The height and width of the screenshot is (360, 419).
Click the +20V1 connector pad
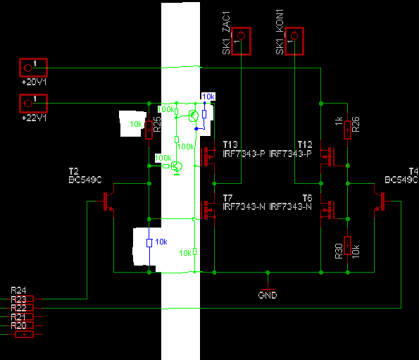pyautogui.click(x=33, y=68)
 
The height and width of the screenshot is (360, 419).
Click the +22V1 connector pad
pyautogui.click(x=33, y=103)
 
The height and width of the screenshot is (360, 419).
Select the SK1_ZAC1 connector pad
pyautogui.click(x=241, y=41)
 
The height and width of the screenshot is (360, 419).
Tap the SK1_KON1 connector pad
pyautogui.click(x=294, y=41)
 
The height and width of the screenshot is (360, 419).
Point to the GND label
pyautogui.click(x=268, y=295)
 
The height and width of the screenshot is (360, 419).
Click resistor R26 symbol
pyautogui.click(x=347, y=130)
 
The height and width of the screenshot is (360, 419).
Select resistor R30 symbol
pyautogui.click(x=347, y=245)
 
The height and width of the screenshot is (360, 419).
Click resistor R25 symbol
pyautogui.click(x=149, y=130)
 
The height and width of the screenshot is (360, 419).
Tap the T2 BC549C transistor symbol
pyautogui.click(x=108, y=201)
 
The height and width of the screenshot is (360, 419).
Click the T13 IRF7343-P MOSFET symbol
pyautogui.click(x=208, y=157)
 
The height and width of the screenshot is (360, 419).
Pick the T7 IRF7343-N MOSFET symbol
pyautogui.click(x=208, y=210)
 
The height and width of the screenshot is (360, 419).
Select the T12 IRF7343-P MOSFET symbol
pyautogui.click(x=327, y=157)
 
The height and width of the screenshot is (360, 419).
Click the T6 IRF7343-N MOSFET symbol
pyautogui.click(x=327, y=210)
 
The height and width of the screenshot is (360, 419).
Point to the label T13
pyautogui.click(x=230, y=144)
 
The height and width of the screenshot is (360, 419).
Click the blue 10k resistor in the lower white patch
pyautogui.click(x=149, y=242)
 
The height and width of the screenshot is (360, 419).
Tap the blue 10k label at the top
pyautogui.click(x=208, y=97)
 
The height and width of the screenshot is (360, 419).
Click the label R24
pyautogui.click(x=18, y=290)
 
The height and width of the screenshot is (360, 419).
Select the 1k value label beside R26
pyautogui.click(x=339, y=120)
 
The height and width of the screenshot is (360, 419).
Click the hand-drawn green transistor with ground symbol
pyautogui.click(x=177, y=167)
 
